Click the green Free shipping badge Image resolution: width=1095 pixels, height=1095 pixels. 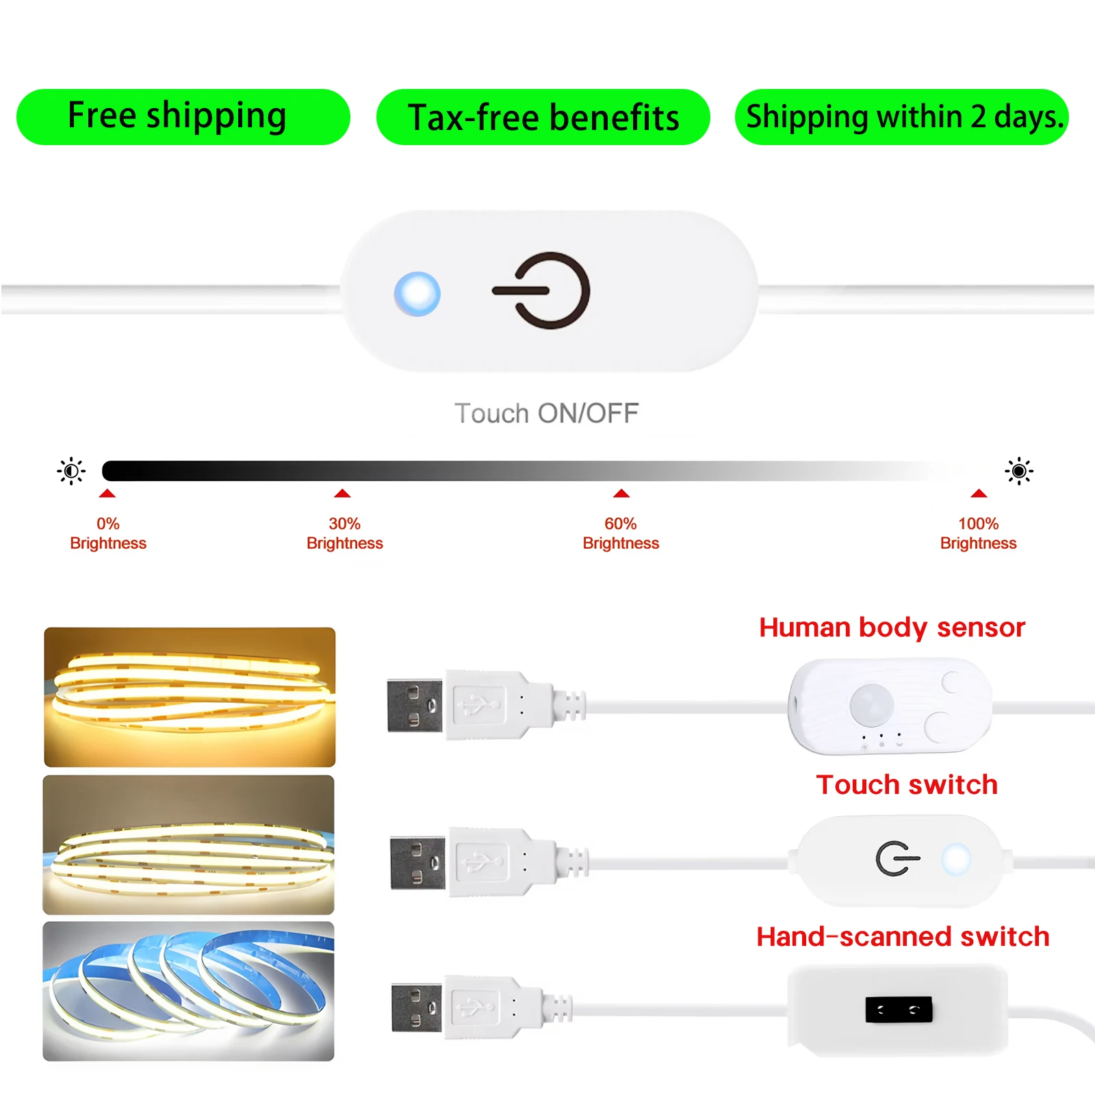pos(183,116)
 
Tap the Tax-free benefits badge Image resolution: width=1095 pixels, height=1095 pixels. pos(543,117)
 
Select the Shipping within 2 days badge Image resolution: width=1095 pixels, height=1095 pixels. pos(901,117)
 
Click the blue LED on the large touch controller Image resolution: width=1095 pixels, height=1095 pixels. pos(417,294)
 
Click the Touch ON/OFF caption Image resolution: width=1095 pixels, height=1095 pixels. pos(546,413)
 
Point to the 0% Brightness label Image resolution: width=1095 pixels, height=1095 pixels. pos(108,533)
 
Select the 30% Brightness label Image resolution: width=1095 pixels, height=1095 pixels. pos(344,533)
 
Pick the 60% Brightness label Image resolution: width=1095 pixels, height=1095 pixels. pos(621,533)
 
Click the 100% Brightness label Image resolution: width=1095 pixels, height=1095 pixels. pos(978,533)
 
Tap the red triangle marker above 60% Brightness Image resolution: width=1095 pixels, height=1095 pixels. pos(621,493)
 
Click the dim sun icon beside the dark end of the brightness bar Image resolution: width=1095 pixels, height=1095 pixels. pos(71,471)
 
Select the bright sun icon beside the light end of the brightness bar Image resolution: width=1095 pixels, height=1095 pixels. pos(1019,471)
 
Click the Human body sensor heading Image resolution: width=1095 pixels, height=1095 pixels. pos(892,628)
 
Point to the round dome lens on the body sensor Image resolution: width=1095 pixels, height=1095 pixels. pos(871,704)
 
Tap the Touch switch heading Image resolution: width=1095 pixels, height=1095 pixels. pos(907,784)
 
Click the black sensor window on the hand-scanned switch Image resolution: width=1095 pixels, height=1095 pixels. pos(899,1009)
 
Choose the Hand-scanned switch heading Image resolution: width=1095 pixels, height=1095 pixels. pos(903,936)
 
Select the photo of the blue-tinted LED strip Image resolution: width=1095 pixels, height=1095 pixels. pos(188,991)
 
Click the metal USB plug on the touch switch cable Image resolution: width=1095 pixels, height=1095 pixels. pos(417,862)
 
